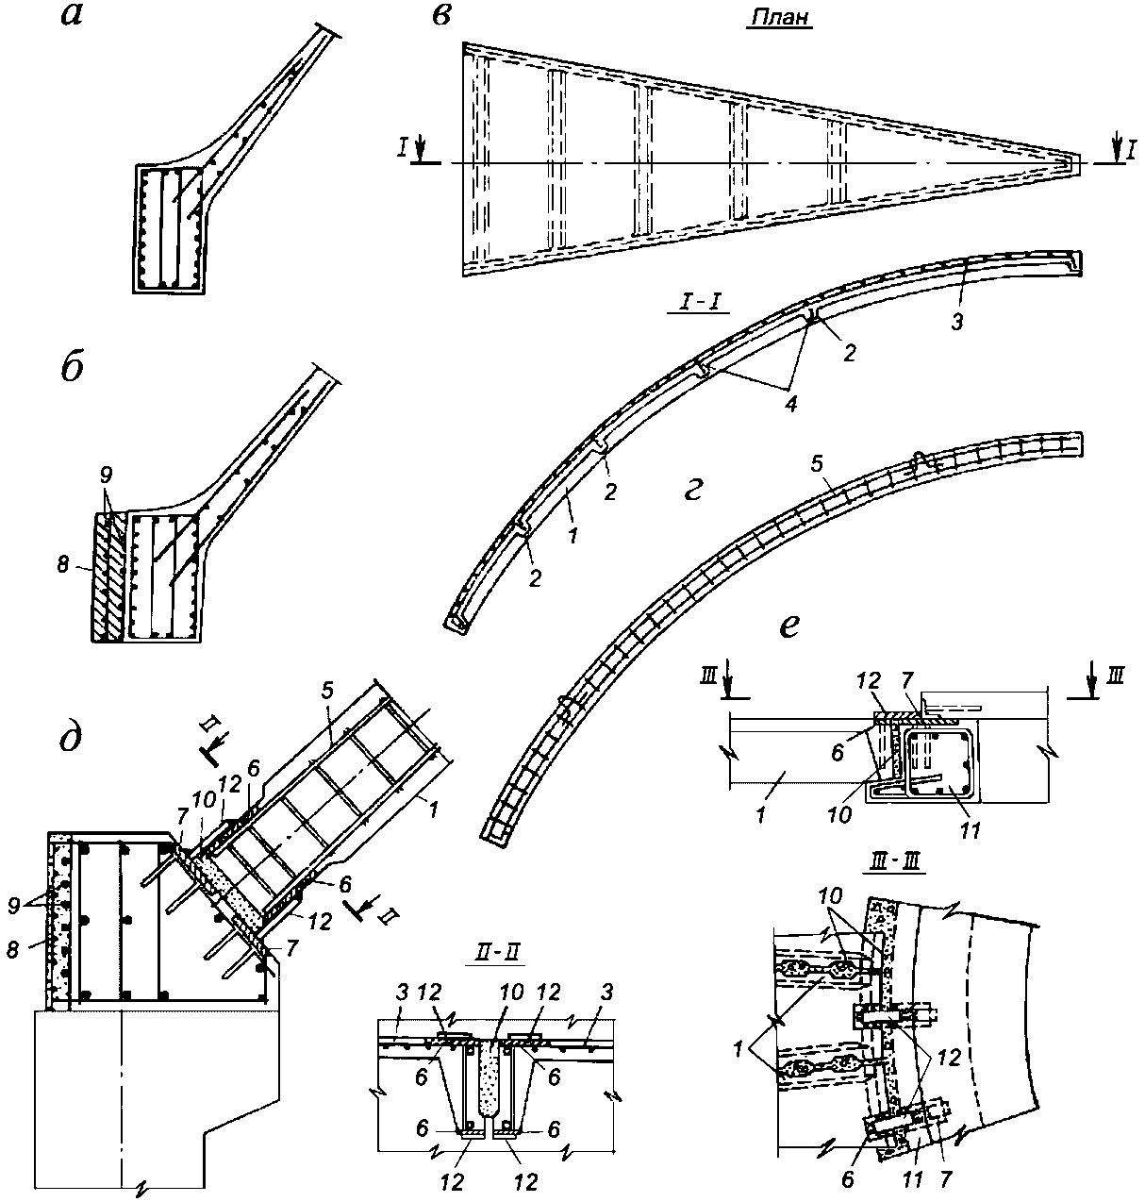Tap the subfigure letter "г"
tap(694, 491)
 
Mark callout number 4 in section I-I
tap(790, 405)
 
